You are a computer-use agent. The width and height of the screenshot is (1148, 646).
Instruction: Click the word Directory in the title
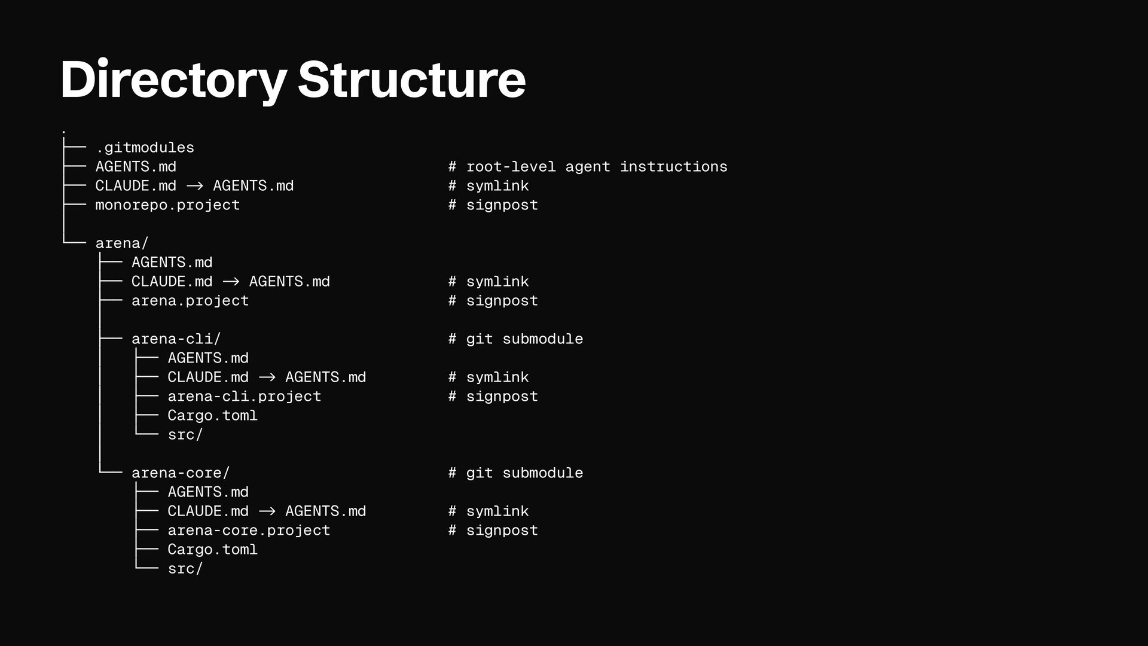(173, 80)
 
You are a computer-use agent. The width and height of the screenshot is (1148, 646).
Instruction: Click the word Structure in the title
(411, 80)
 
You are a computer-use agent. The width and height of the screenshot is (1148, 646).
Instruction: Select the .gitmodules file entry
(145, 148)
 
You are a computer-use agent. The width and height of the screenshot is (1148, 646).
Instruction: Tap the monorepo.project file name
(167, 205)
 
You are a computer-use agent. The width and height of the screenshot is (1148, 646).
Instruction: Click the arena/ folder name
(122, 243)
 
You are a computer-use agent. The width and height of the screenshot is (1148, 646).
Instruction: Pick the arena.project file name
(190, 301)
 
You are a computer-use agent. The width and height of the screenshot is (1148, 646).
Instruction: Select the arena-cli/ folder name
(176, 339)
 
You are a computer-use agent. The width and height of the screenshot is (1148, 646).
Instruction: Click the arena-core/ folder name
(181, 473)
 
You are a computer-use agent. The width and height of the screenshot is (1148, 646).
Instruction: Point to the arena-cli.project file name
(244, 397)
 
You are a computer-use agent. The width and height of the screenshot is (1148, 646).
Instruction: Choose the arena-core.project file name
(249, 531)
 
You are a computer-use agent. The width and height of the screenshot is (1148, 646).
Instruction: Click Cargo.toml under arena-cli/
(212, 416)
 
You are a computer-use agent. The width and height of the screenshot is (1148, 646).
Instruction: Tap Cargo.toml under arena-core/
(212, 550)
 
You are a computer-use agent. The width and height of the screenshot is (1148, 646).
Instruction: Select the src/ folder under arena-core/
(185, 569)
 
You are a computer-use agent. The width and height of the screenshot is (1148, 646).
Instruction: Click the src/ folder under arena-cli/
(185, 435)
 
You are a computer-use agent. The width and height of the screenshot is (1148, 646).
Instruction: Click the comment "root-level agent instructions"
(596, 167)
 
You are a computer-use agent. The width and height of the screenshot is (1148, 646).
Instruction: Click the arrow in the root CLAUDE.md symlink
(195, 186)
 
